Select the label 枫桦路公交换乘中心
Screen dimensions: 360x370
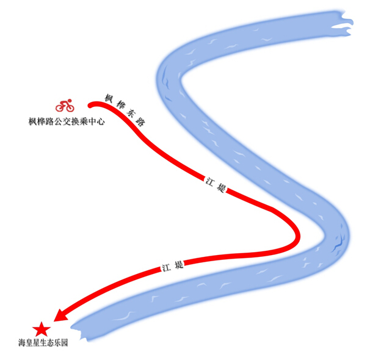point(67,121)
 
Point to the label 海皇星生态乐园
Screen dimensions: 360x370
point(43,343)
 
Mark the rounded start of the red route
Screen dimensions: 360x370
point(90,105)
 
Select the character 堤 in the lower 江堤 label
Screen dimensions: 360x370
point(179,264)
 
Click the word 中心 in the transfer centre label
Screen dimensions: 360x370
point(97,121)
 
